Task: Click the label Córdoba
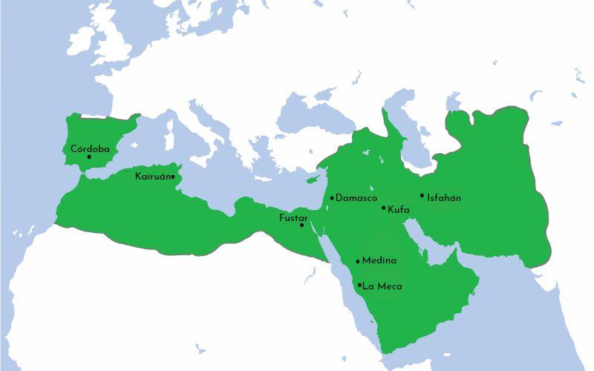[90, 148]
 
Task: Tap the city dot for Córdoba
[89, 157]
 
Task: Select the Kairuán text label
[152, 177]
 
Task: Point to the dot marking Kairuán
[172, 177]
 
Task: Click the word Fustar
[293, 218]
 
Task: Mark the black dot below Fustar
[301, 225]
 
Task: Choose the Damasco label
[356, 198]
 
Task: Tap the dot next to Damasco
[332, 198]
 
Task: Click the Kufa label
[399, 210]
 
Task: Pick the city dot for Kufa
[384, 208]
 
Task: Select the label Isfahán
[444, 198]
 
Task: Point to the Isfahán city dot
[422, 196]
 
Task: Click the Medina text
[379, 260]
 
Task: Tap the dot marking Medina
[358, 261]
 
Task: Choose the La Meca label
[382, 286]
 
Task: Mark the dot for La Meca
[360, 285]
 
